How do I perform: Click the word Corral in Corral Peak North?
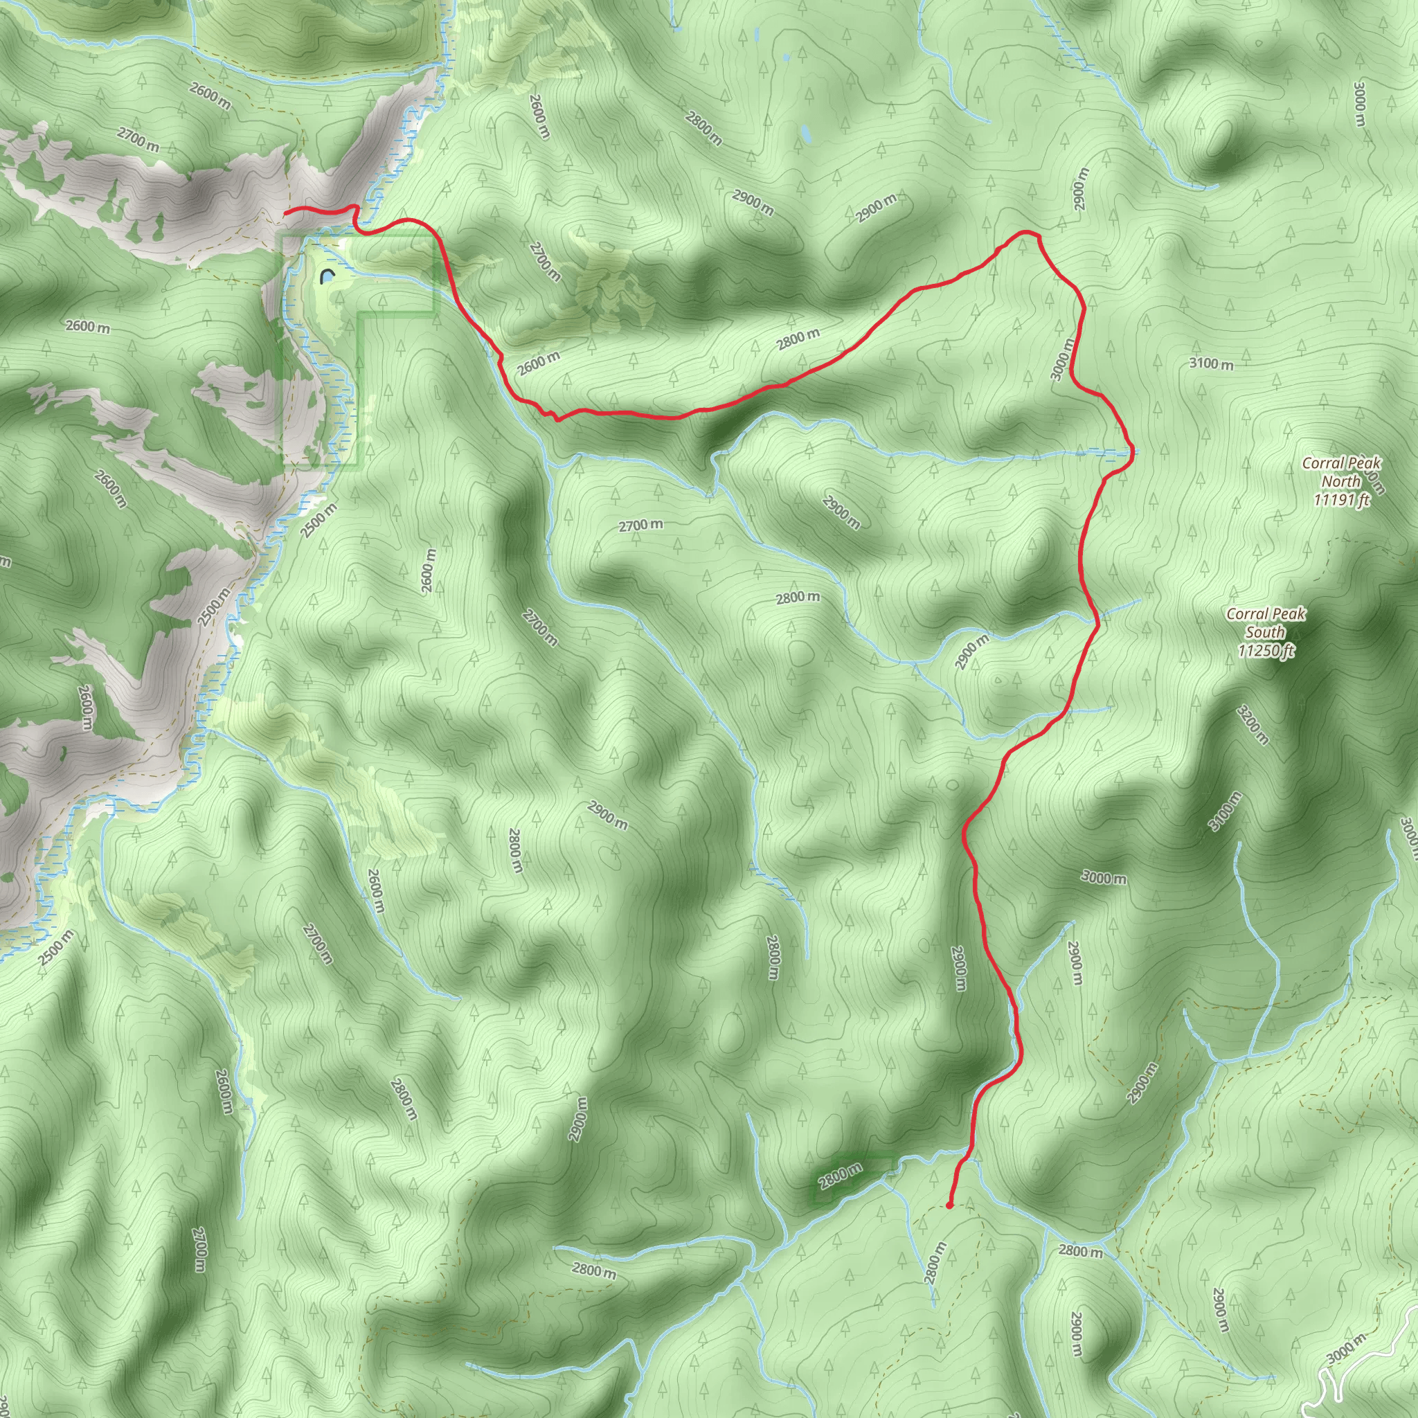click(x=1319, y=463)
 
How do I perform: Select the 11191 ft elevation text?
click(x=1342, y=501)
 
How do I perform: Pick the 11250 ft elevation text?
click(x=1266, y=651)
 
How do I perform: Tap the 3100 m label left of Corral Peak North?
click(x=1211, y=364)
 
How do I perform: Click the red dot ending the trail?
click(x=949, y=1205)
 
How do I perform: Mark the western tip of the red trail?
click(x=285, y=212)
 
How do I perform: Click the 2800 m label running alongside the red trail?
click(x=798, y=339)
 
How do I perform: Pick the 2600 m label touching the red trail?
click(x=538, y=363)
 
